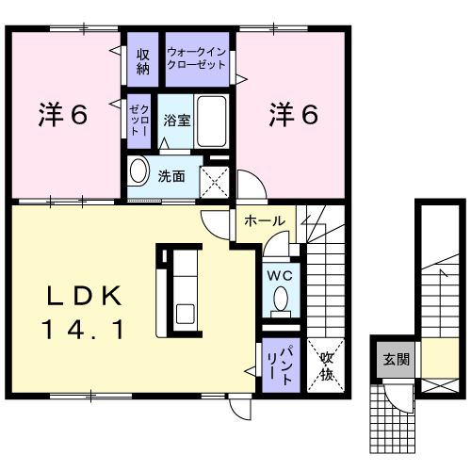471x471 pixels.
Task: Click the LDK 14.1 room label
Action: tap(84, 312)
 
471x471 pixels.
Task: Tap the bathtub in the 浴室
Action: tap(212, 122)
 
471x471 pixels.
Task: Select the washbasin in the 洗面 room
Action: tap(138, 171)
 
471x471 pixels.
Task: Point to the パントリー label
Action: tap(281, 365)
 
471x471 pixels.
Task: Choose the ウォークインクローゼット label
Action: tap(197, 58)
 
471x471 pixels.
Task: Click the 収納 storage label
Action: tap(143, 62)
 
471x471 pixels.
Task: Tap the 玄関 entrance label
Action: tap(397, 359)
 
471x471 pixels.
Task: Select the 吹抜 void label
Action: tap(326, 366)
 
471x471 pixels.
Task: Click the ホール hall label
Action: tap(265, 221)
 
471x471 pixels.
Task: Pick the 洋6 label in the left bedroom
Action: tap(63, 115)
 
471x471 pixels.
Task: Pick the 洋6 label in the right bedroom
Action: tap(294, 115)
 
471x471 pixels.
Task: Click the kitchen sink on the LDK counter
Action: tap(185, 314)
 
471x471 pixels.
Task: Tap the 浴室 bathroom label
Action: tap(177, 121)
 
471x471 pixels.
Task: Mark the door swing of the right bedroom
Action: tap(252, 186)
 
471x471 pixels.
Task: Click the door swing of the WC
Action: tap(276, 244)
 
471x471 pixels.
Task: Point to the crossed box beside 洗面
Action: tap(215, 182)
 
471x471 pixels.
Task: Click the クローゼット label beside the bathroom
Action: tap(139, 121)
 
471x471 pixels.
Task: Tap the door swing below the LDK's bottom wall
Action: tap(240, 409)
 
